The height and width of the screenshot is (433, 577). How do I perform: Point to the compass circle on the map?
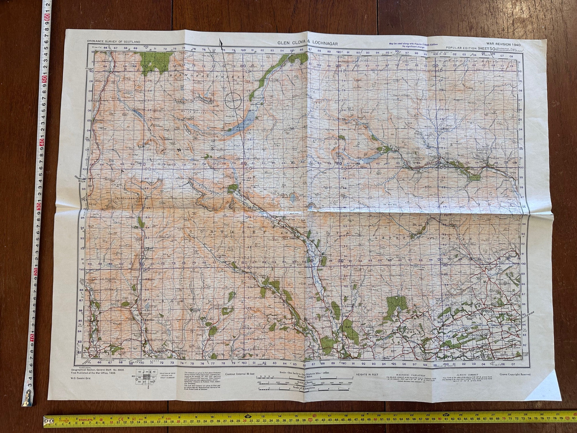pyautogui.click(x=233, y=99)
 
